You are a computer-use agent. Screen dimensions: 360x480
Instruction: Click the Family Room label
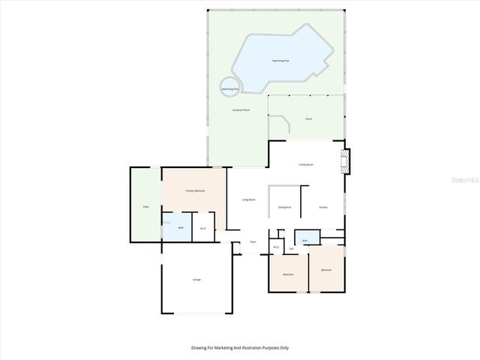point(306,164)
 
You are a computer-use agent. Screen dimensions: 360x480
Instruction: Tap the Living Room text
point(248,199)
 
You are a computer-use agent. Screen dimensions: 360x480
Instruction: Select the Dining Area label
point(284,207)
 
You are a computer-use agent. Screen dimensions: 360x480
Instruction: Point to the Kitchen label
point(323,207)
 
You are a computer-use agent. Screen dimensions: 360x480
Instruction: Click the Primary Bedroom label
point(195,191)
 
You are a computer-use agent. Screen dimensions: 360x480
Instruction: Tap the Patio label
point(145,206)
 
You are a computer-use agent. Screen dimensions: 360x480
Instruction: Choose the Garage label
point(196,279)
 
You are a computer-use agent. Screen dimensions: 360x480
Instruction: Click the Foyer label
point(253,241)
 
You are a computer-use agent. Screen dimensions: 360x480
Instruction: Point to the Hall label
point(290,248)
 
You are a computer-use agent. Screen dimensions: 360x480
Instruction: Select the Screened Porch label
point(241,110)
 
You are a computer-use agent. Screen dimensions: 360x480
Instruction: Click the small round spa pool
point(229,88)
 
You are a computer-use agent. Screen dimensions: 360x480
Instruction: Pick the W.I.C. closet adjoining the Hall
point(276,247)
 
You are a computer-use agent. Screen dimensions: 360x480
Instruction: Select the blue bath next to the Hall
point(306,239)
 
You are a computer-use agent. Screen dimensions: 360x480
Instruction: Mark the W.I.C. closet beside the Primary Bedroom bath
point(203,228)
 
